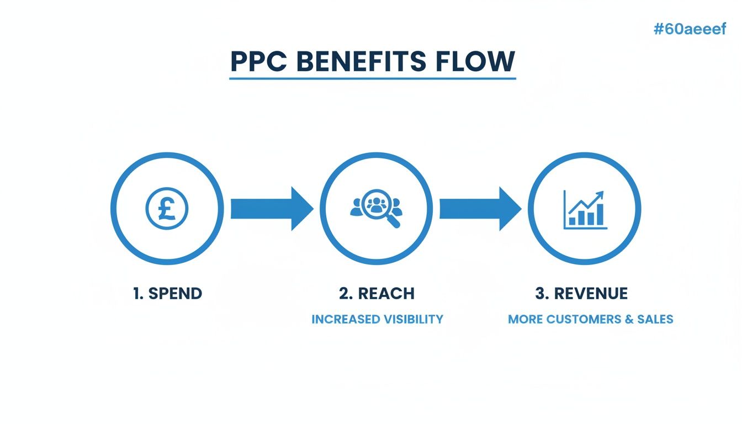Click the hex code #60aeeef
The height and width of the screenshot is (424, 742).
pyautogui.click(x=690, y=30)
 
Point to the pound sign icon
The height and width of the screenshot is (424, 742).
pyautogui.click(x=167, y=209)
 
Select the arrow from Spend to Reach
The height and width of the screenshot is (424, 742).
pyautogui.click(x=271, y=209)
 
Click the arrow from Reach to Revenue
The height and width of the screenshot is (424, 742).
pyautogui.click(x=480, y=209)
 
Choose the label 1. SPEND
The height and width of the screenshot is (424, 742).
pyautogui.click(x=168, y=294)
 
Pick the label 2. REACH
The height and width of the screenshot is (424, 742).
pyautogui.click(x=377, y=294)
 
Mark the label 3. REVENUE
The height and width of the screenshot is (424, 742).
pyautogui.click(x=581, y=294)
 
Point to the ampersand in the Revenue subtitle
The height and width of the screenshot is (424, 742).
pyautogui.click(x=630, y=320)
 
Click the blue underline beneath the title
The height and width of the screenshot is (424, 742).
pyautogui.click(x=372, y=79)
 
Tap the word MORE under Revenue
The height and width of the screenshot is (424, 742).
pyautogui.click(x=525, y=320)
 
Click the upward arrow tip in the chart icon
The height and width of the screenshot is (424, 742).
pyautogui.click(x=601, y=193)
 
